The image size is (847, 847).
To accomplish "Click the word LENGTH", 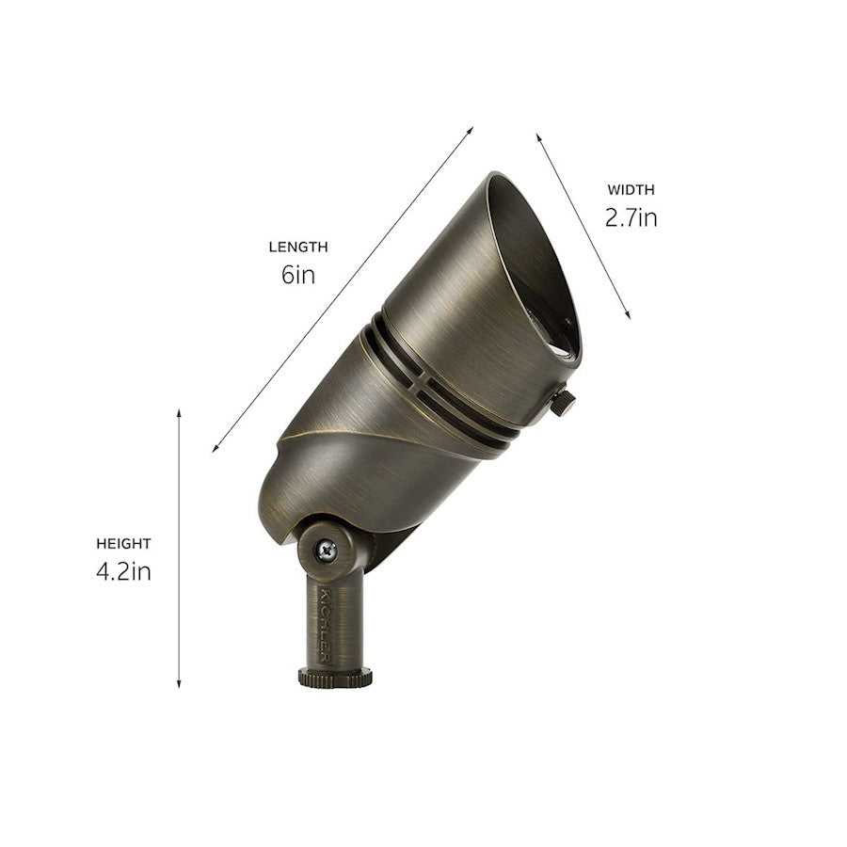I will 298,248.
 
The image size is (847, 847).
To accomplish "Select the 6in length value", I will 297,275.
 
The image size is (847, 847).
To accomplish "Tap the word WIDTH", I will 631,190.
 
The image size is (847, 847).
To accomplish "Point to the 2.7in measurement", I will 631,218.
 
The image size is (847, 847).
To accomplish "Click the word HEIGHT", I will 123,544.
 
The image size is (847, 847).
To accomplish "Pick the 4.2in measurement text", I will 123,571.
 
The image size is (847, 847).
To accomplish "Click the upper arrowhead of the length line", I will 471,130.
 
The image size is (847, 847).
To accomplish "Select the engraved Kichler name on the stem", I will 325,625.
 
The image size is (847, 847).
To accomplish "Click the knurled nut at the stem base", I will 335,677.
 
